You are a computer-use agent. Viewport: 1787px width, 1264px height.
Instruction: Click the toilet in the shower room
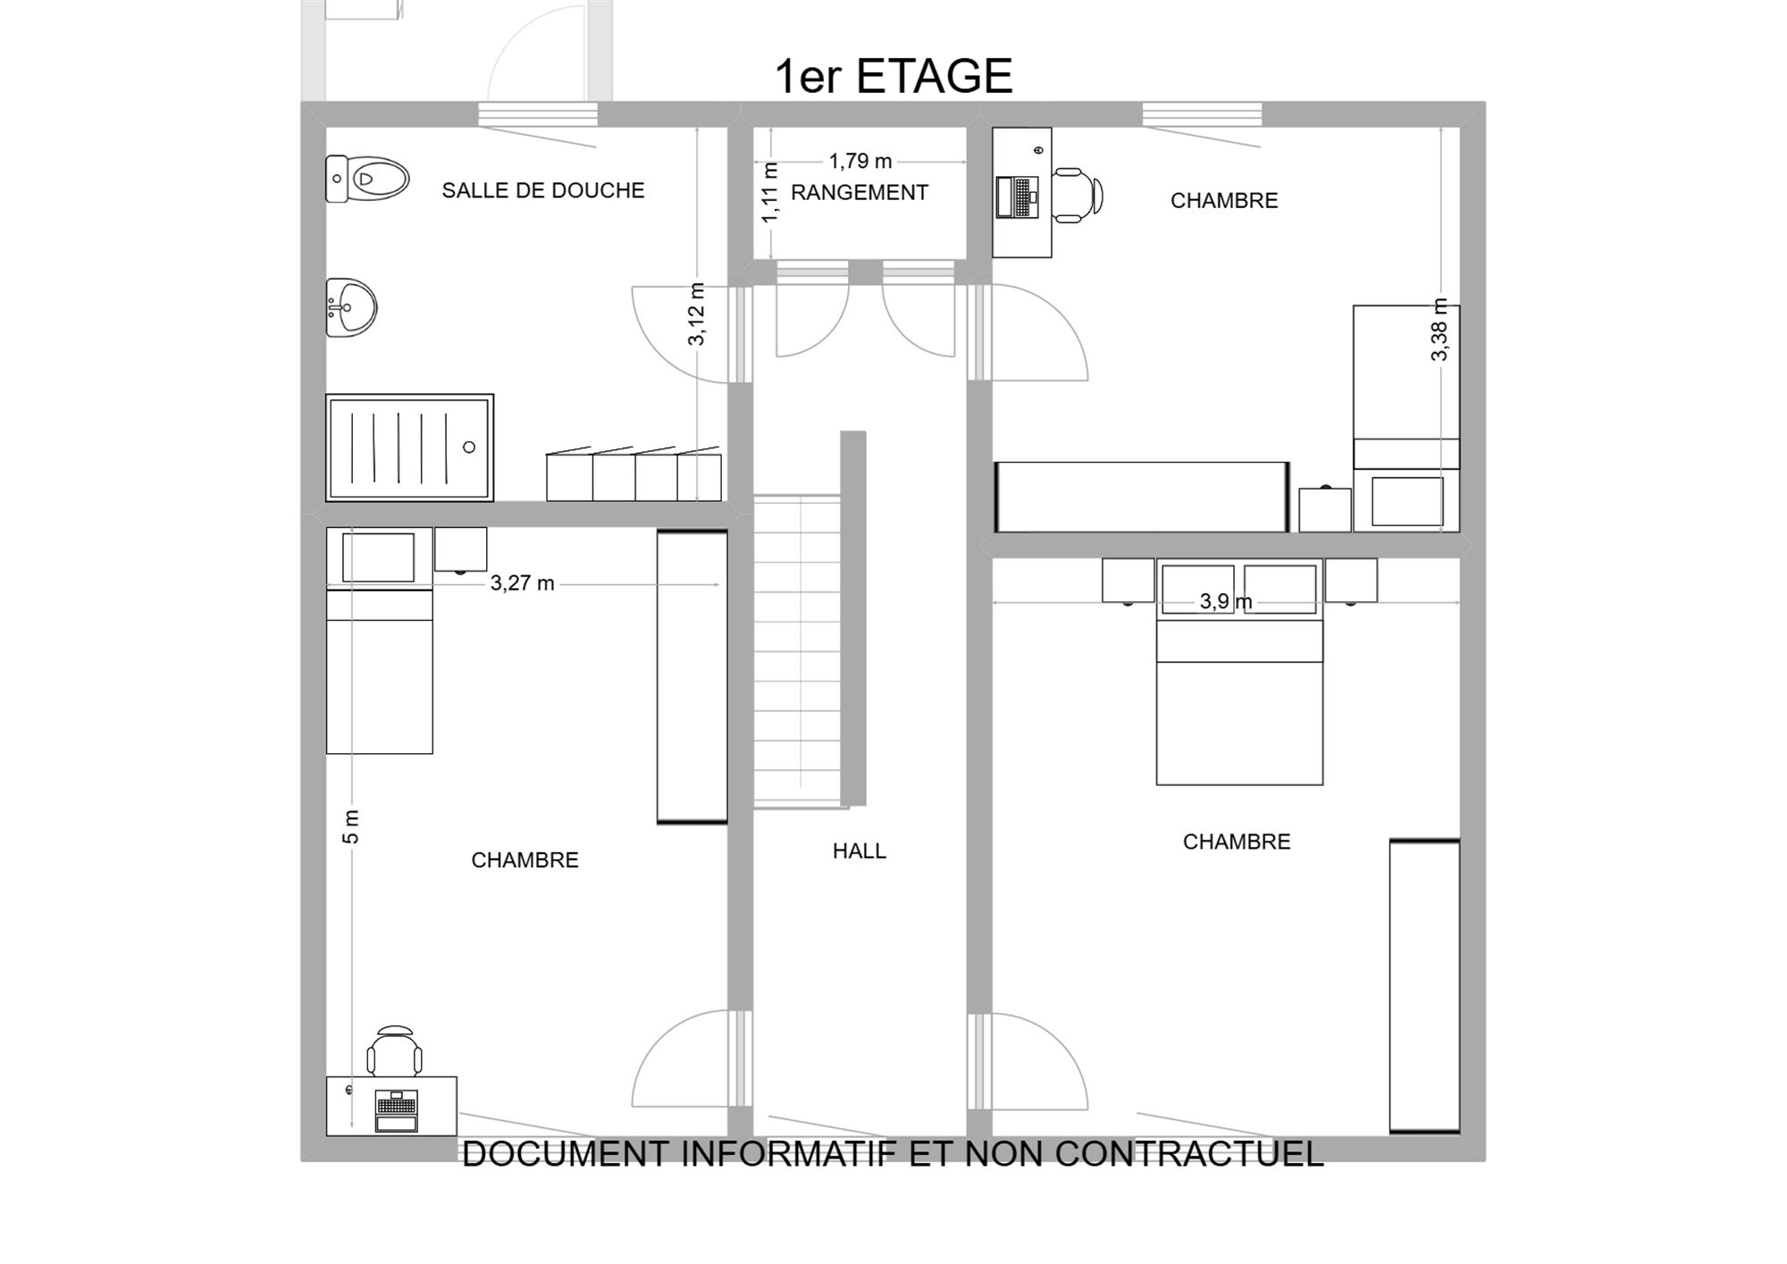point(366,179)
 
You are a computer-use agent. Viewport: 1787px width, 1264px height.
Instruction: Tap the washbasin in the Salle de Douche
point(350,307)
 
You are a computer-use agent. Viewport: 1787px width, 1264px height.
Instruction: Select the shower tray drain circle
point(469,447)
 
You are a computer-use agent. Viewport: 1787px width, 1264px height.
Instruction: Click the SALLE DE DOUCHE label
point(543,190)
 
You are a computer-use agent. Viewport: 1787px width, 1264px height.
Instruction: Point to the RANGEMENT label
point(860,192)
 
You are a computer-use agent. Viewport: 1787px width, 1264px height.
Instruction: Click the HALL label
point(860,851)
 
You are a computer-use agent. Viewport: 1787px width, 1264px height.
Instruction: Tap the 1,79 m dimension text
point(860,161)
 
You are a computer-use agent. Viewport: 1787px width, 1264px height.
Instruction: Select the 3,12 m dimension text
point(697,314)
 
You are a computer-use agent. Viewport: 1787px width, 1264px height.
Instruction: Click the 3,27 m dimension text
point(523,583)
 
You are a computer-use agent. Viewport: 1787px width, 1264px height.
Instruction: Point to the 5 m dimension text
point(351,826)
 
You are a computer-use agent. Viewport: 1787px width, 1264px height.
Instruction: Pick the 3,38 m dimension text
point(1439,330)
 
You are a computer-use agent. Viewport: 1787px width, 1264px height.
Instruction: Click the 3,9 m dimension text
point(1226,601)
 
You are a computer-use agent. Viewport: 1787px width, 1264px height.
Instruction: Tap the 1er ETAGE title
point(893,76)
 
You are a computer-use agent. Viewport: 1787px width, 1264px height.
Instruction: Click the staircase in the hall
point(799,652)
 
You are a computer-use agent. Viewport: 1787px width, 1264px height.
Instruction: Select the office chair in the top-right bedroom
point(1077,195)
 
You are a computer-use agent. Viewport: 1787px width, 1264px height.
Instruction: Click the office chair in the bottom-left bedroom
point(395,1051)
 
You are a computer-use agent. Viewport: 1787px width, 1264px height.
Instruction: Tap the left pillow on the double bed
point(1197,589)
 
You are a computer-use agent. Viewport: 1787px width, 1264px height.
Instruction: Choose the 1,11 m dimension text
point(770,192)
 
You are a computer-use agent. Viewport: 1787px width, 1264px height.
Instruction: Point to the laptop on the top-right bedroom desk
point(1018,197)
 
